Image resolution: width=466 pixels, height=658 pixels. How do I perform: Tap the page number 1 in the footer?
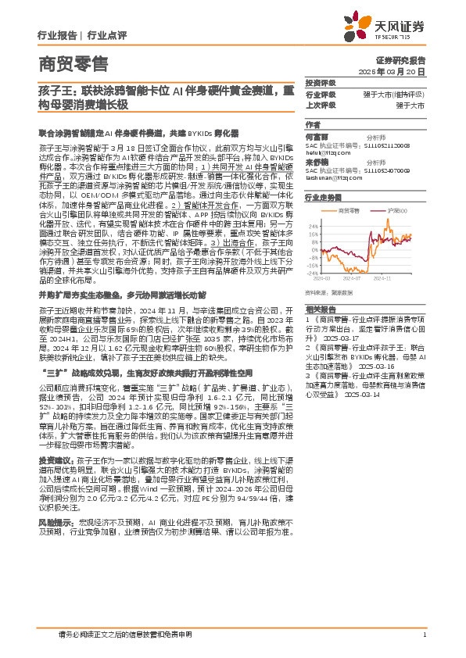pos(423,635)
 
